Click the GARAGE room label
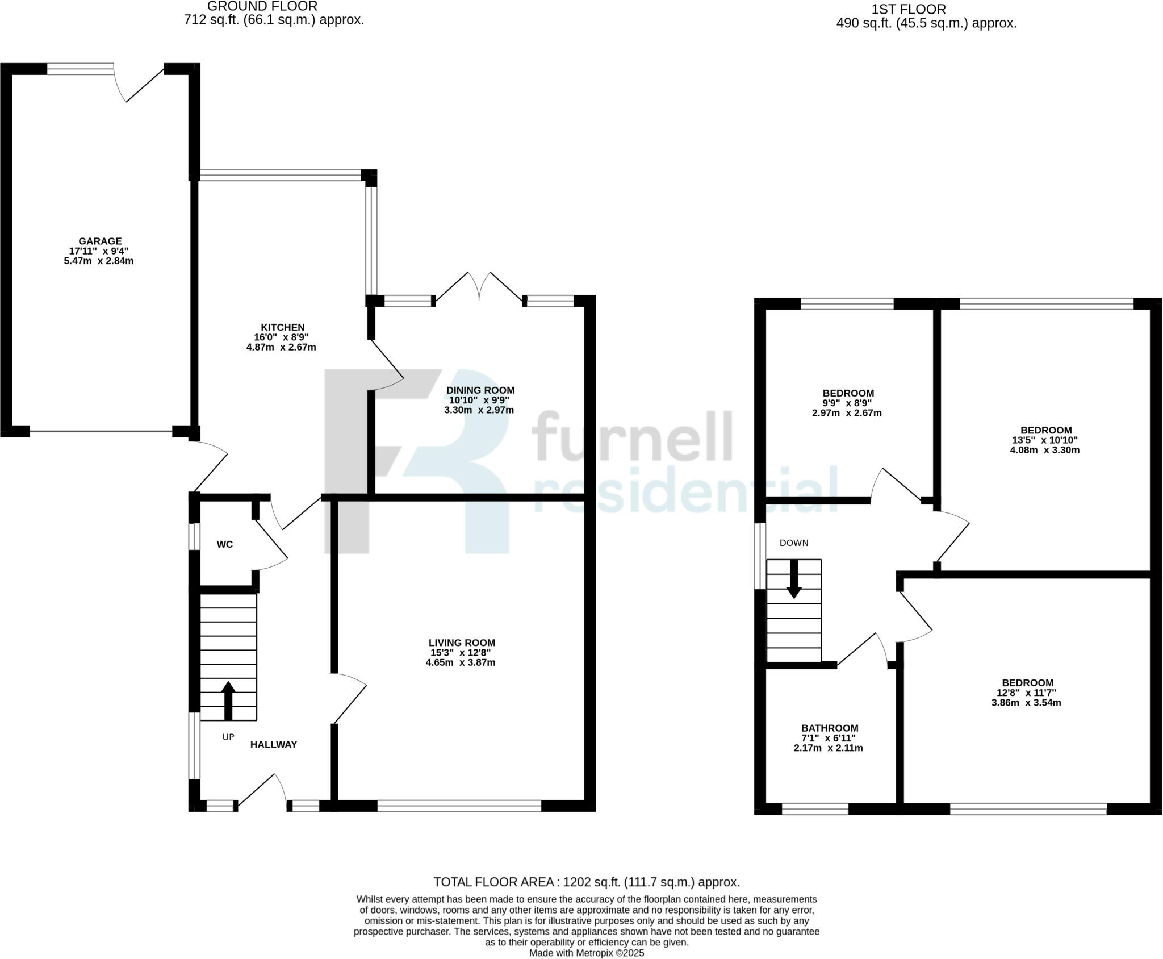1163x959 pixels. tap(100, 241)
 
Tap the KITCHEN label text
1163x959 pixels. tap(282, 328)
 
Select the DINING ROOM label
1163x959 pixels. tap(480, 390)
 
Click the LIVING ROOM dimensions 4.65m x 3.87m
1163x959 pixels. tap(460, 662)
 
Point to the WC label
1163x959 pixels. tap(225, 545)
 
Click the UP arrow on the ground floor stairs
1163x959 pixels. tap(228, 700)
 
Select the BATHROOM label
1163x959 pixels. tap(829, 728)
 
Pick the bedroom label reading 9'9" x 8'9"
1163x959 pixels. tap(847, 403)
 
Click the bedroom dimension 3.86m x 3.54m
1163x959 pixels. tap(1026, 703)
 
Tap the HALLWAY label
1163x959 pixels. tap(274, 745)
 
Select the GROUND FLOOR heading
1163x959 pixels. tap(262, 6)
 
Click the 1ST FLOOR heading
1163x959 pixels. tap(909, 10)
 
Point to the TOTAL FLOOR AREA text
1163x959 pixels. tap(586, 882)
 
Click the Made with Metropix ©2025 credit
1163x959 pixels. tap(586, 953)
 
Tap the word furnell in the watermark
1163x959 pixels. tap(631, 436)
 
